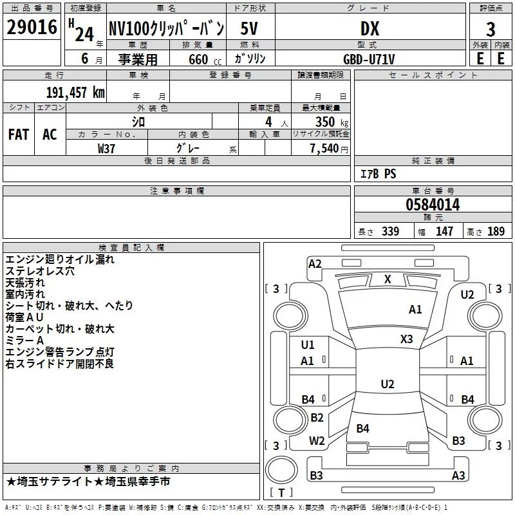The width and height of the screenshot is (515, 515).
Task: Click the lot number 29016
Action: pos(32,27)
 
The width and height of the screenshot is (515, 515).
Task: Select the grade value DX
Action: pos(370,28)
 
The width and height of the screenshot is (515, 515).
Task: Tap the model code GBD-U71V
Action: pos(369,59)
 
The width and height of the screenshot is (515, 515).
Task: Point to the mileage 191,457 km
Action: pos(75,93)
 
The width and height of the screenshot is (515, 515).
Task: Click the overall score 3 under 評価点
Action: pos(491,29)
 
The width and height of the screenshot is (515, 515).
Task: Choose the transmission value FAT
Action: pos(19,135)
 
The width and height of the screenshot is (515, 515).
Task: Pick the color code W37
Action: pos(106,149)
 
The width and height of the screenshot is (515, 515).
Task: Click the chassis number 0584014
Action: pos(433,205)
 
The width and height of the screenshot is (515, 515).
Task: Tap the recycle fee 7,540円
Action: pos(329,149)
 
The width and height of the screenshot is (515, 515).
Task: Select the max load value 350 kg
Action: pos(332,122)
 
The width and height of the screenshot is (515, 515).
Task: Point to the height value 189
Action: pos(496,231)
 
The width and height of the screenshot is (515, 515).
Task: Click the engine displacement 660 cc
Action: pos(205,60)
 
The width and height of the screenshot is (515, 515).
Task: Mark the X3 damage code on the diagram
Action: pos(406,339)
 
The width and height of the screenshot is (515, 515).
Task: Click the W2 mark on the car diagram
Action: pos(317,440)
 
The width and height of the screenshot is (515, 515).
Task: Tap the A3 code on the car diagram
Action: pos(458,475)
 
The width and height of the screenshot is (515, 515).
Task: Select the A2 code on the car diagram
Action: pos(315,264)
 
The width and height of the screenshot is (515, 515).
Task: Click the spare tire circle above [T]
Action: pos(281,470)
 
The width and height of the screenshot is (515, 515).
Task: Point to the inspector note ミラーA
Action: pos(24,341)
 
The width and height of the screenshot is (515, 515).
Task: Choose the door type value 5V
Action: pos(249,28)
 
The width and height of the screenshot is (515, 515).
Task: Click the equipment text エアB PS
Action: pos(379,174)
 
